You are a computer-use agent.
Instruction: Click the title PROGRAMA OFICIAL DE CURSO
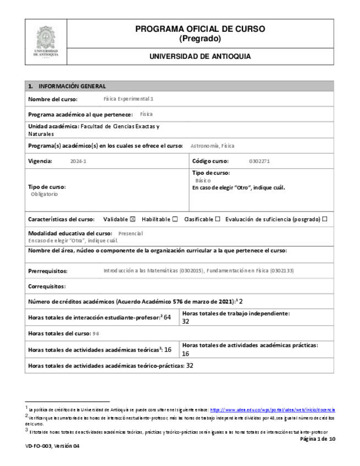click(x=200, y=29)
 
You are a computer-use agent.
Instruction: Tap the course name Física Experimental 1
click(x=129, y=99)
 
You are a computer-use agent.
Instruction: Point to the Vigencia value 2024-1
click(x=79, y=161)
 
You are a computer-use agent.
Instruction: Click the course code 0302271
click(x=259, y=161)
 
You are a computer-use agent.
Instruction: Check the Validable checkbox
click(x=132, y=219)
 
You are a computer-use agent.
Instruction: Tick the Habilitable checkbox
click(x=175, y=219)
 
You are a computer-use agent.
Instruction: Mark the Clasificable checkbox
click(x=218, y=219)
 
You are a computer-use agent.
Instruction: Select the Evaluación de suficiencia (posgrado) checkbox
click(x=325, y=219)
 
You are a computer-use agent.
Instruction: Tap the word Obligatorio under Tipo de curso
click(x=45, y=194)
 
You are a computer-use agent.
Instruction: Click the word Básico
click(x=203, y=180)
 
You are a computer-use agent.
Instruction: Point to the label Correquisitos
click(x=47, y=286)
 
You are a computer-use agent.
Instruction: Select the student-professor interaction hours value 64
click(x=168, y=317)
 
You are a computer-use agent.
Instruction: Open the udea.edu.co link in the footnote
click(x=273, y=410)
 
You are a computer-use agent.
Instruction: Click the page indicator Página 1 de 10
click(x=317, y=439)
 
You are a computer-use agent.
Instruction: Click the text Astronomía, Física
click(x=212, y=146)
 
